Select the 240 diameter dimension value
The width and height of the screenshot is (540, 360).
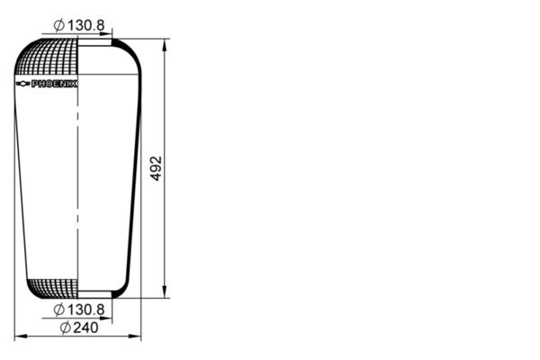pos(85,327)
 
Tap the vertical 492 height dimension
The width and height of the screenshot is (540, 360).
pos(155,168)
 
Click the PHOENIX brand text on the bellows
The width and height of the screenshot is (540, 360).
pos(54,84)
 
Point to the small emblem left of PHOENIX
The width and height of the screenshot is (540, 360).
pos(23,84)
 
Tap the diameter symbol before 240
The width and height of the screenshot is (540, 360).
pos(66,327)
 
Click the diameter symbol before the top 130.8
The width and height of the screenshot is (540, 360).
pos(58,25)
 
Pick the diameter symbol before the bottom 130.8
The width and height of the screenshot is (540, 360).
pos(58,310)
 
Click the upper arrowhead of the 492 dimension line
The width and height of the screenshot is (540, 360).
pos(164,43)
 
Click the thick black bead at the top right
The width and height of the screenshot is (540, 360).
pos(119,41)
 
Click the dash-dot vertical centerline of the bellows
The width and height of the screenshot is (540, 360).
pos(78,180)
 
